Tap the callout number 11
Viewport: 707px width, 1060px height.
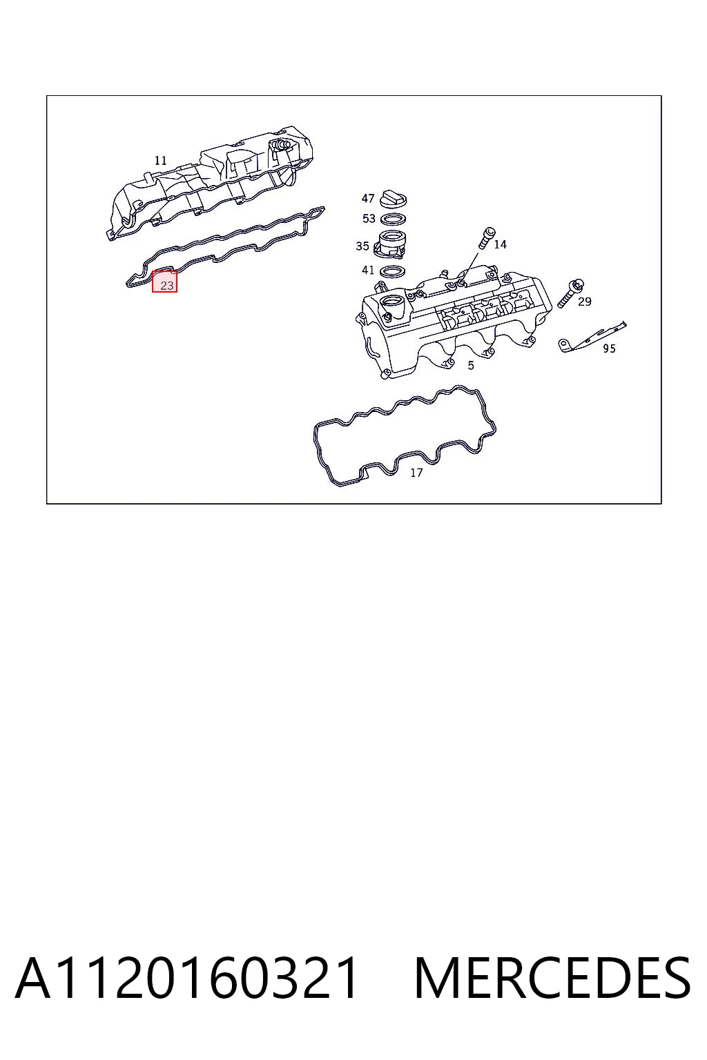[161, 160]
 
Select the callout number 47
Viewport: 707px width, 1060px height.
[368, 198]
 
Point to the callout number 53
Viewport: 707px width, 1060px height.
[369, 219]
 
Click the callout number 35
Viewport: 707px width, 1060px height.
[362, 246]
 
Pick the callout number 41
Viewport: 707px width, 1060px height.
[368, 271]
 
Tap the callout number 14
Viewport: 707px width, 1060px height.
[500, 245]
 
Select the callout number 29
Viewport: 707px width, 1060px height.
[585, 302]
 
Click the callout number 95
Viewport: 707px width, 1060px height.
[609, 349]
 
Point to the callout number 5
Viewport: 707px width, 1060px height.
[471, 365]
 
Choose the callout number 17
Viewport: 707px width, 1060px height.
[416, 473]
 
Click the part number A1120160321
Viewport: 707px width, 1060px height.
[186, 978]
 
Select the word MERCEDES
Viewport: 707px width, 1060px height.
[552, 978]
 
